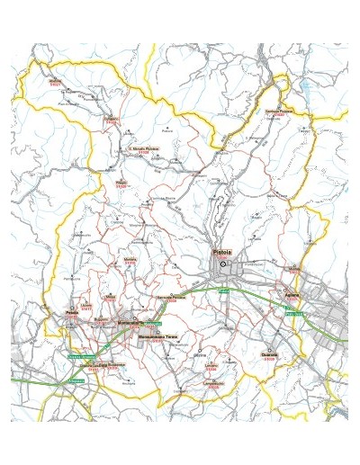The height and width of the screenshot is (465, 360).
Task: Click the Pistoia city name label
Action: point(222,253)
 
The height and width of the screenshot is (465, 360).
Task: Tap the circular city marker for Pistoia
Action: point(222,264)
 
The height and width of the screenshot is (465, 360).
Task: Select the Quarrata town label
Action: point(269,355)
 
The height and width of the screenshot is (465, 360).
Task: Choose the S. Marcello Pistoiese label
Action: point(143,148)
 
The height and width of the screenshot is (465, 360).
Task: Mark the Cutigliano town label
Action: point(112,118)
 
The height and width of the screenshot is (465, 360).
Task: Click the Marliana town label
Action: point(130,259)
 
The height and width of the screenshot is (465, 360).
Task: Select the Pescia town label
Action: point(72,314)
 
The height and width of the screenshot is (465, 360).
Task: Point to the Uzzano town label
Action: point(86,306)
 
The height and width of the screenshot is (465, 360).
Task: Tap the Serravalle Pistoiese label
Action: point(171,296)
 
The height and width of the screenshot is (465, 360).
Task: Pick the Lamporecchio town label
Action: point(213,382)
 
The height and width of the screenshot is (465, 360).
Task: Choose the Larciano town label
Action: point(211,365)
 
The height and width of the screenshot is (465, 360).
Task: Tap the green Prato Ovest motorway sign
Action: point(295,314)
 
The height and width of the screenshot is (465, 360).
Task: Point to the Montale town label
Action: point(293,267)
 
